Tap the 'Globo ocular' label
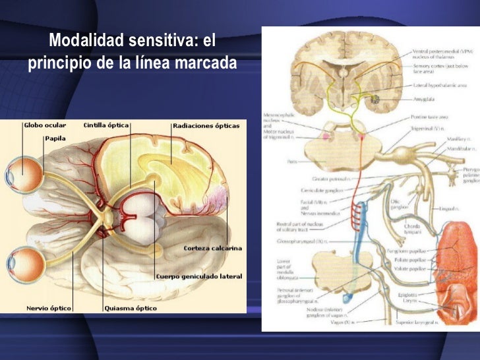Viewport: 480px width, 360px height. pos(45,124)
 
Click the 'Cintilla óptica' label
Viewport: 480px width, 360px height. pos(107,124)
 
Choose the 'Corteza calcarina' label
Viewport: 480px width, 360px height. pos(212,249)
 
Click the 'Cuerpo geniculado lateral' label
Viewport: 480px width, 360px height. pos(199,276)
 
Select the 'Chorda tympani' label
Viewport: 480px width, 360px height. pos(413,229)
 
